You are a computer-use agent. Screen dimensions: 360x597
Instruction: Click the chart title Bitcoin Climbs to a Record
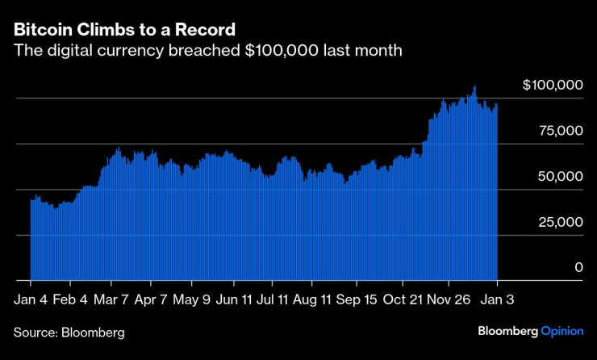click(124, 30)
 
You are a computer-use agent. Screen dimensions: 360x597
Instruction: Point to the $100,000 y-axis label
click(553, 84)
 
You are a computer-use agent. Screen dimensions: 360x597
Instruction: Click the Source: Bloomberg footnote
click(69, 332)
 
